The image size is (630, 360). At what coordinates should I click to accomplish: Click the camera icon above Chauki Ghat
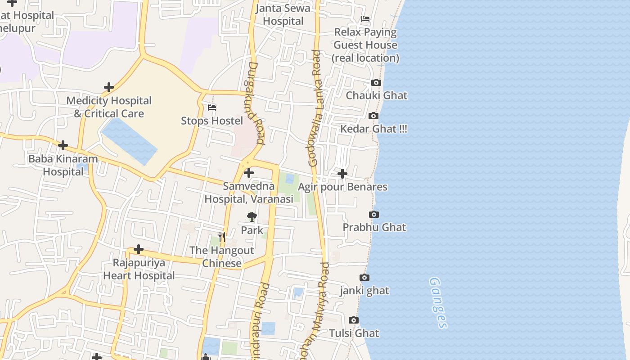[x=376, y=83]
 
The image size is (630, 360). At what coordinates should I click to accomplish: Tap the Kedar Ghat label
[x=373, y=129]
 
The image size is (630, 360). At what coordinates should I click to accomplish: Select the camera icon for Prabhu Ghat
[x=373, y=215]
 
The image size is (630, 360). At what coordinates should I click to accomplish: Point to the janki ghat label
[x=364, y=291]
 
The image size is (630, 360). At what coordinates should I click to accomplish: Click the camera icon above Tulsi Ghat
[x=354, y=320]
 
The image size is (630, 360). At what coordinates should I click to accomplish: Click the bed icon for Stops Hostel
[x=212, y=108]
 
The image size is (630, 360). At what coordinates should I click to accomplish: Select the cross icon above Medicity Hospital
[x=108, y=87]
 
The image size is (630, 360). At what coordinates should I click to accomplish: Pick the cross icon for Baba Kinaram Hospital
[x=63, y=145]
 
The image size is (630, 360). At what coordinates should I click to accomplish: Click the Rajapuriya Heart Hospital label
[x=139, y=269]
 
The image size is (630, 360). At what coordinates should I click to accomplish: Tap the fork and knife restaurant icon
[x=221, y=237]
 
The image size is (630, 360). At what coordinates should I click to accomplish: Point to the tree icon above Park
[x=252, y=217]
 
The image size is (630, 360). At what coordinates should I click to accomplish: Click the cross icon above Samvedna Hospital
[x=249, y=173]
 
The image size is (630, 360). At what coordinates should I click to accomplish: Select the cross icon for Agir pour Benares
[x=342, y=174]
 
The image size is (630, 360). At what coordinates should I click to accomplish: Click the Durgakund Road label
[x=254, y=103]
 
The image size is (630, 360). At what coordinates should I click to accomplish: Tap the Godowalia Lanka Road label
[x=315, y=108]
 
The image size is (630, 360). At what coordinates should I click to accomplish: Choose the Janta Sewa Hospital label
[x=283, y=15]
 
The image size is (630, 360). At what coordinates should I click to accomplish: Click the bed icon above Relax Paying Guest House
[x=365, y=19]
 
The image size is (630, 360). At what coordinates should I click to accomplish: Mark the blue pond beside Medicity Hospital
[x=129, y=141]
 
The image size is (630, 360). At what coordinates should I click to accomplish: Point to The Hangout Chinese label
[x=222, y=256]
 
